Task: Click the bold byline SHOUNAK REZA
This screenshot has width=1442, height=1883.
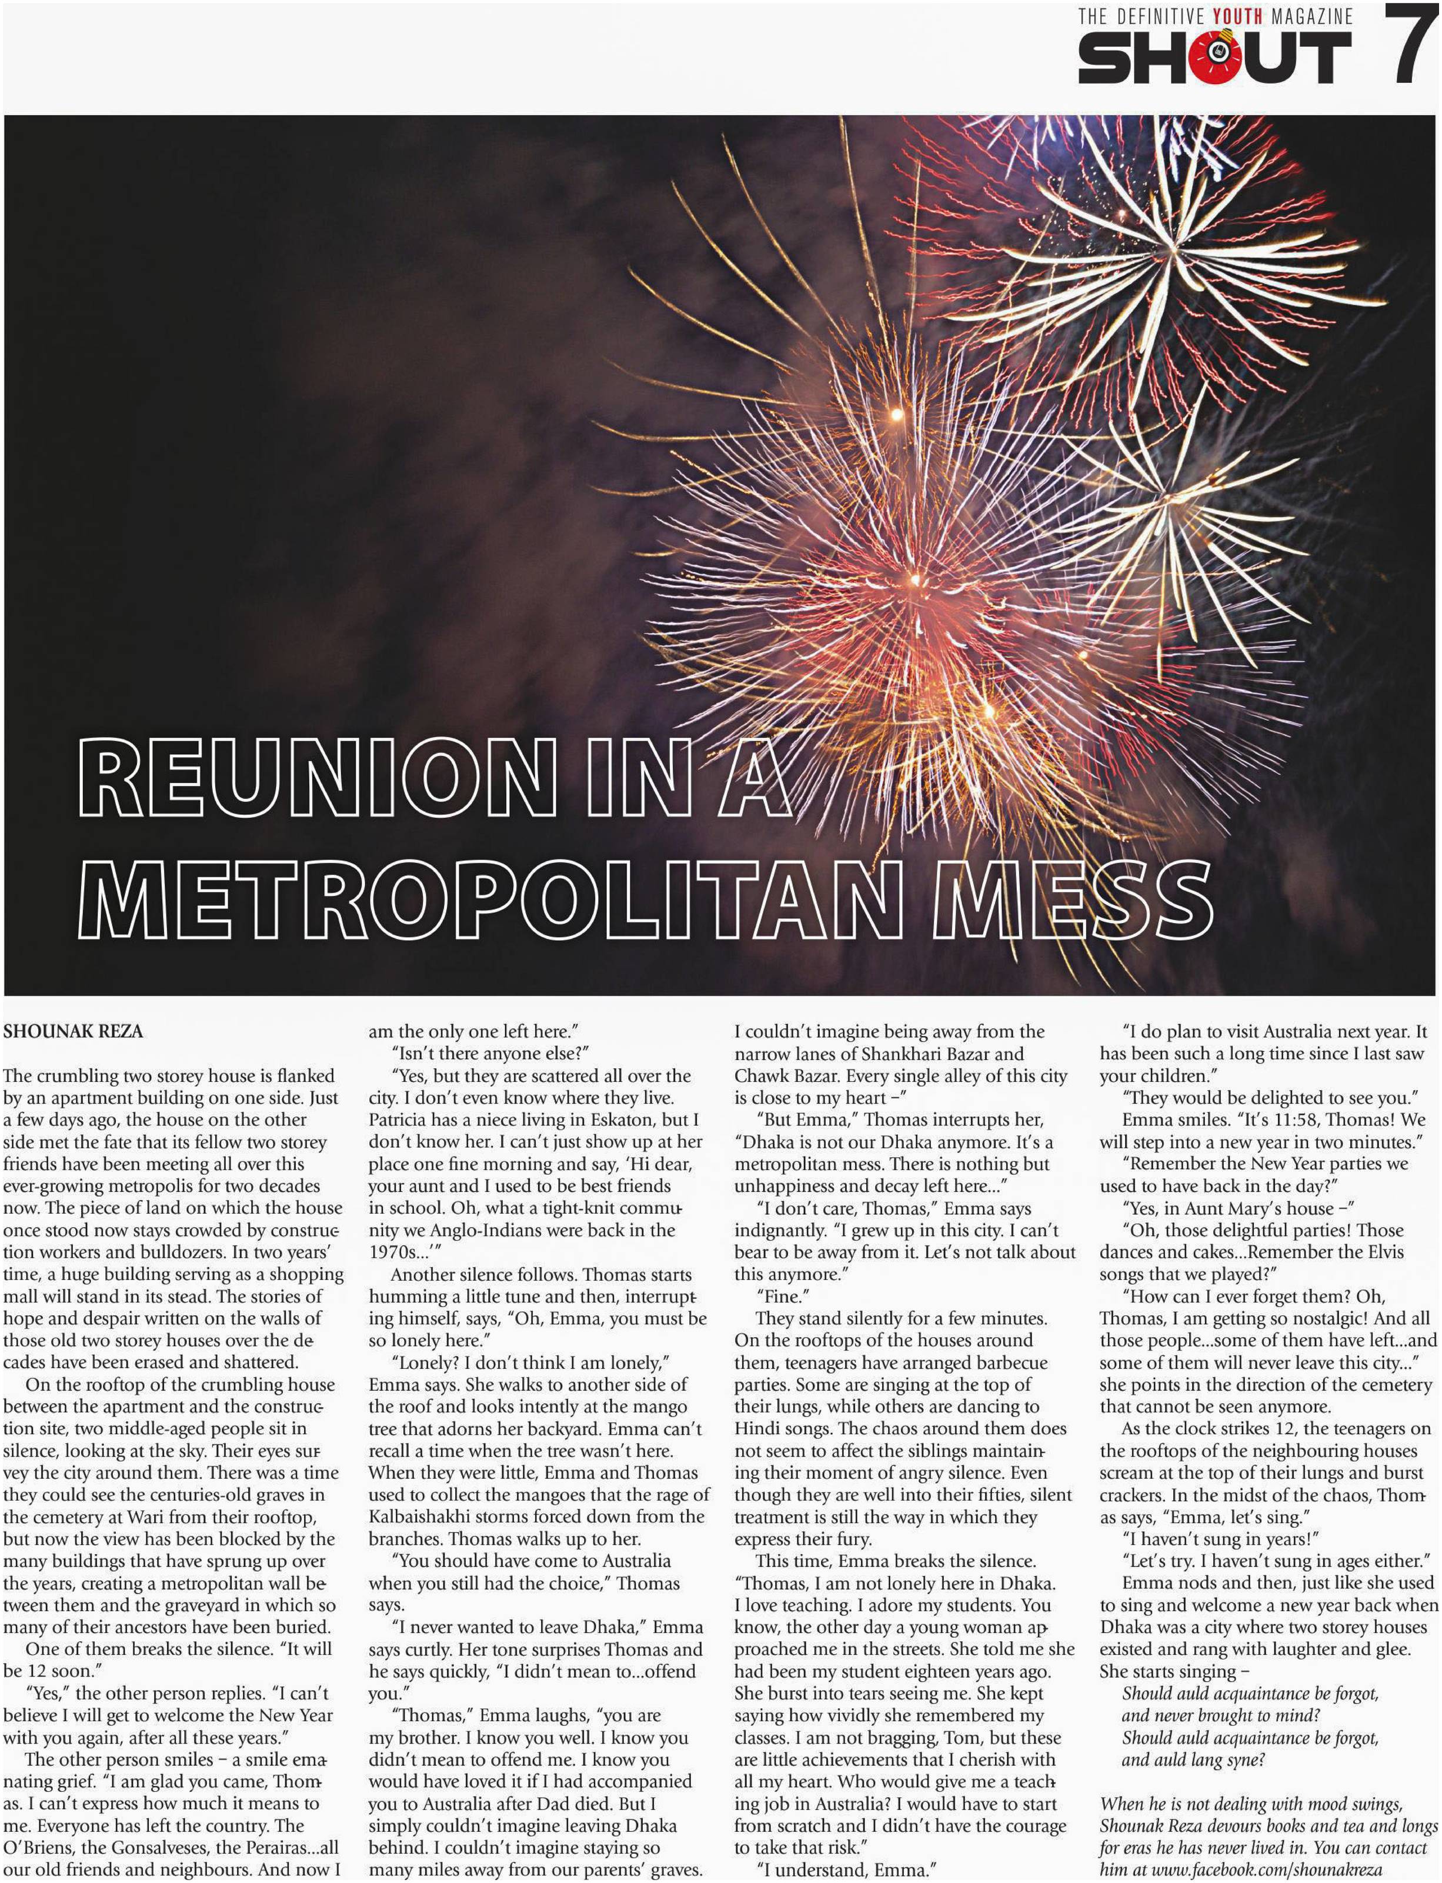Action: tap(73, 1031)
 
